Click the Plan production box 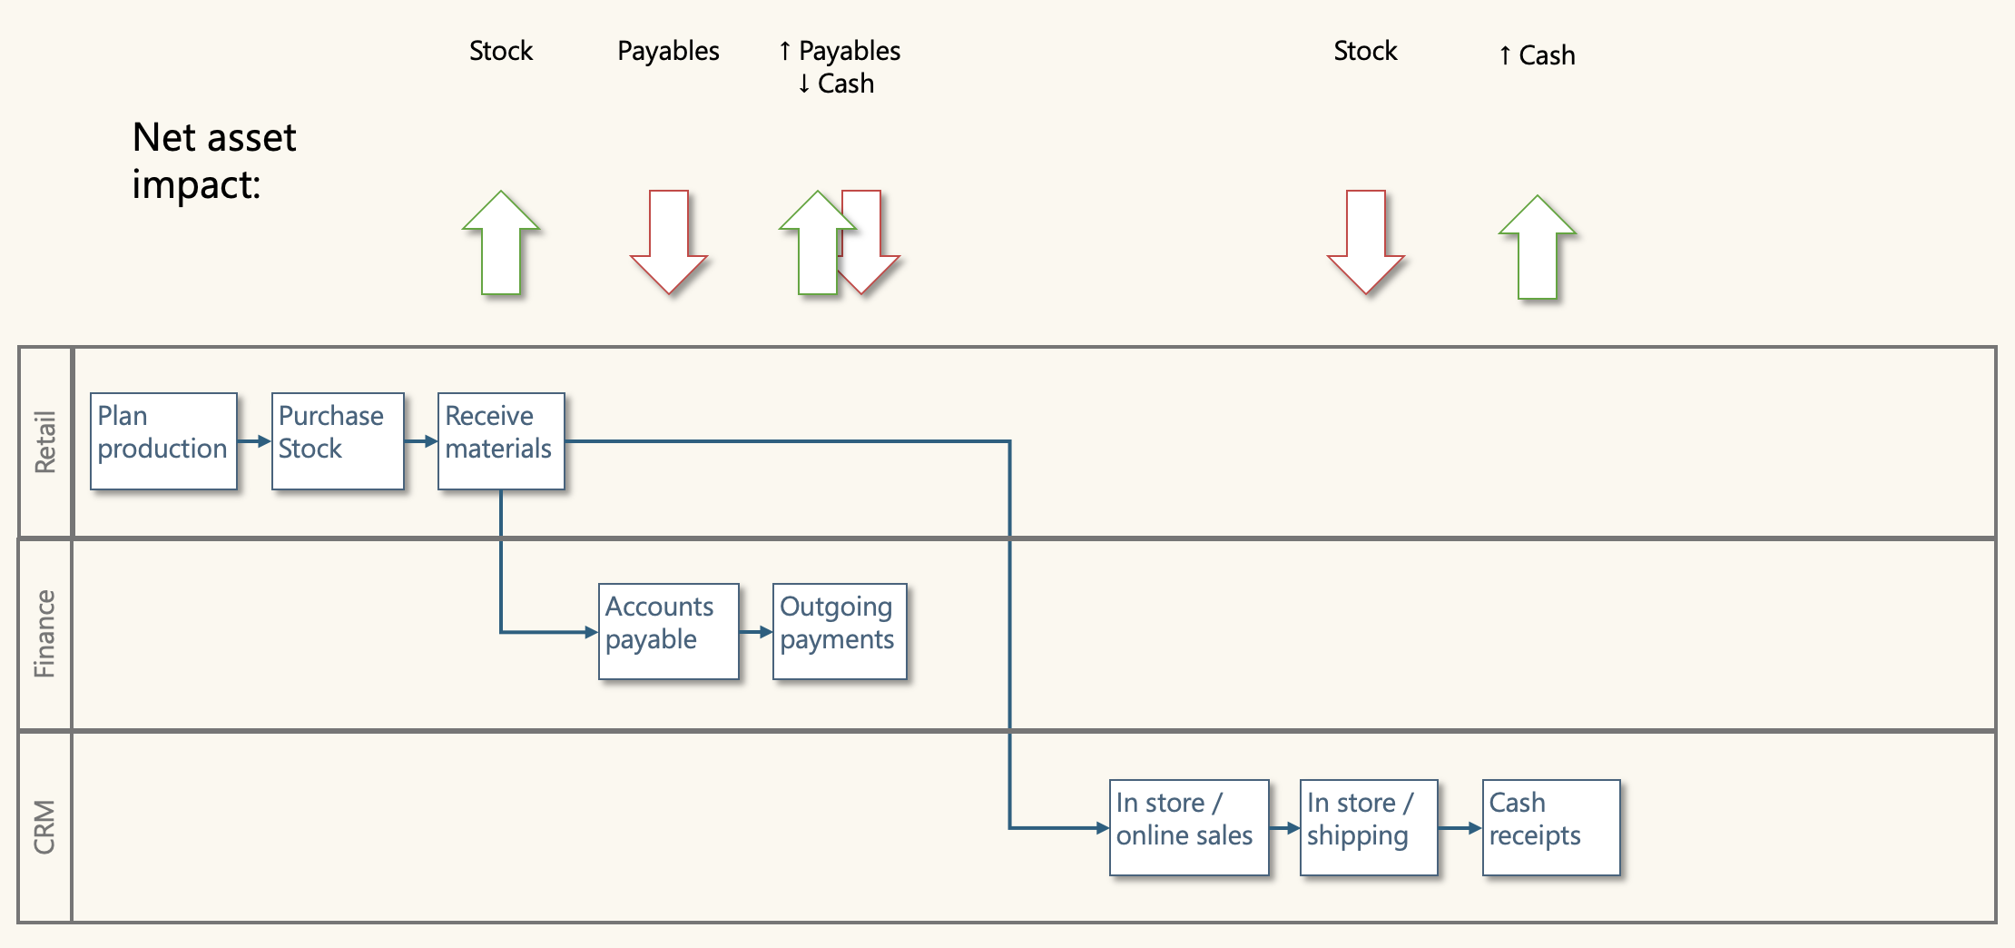pyautogui.click(x=163, y=441)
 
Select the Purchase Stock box pyautogui.click(x=337, y=441)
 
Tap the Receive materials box pyautogui.click(x=501, y=441)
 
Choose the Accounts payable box pyautogui.click(x=668, y=631)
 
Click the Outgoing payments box pyautogui.click(x=840, y=631)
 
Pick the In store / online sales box pyautogui.click(x=1188, y=827)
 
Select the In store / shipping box pyautogui.click(x=1368, y=827)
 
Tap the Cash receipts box pyautogui.click(x=1550, y=827)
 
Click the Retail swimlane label pyautogui.click(x=44, y=442)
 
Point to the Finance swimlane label pyautogui.click(x=44, y=634)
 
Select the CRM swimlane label pyautogui.click(x=44, y=826)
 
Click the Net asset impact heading pyautogui.click(x=213, y=161)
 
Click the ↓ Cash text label pyautogui.click(x=836, y=84)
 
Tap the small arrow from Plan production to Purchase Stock pyautogui.click(x=254, y=441)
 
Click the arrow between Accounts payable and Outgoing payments pyautogui.click(x=756, y=631)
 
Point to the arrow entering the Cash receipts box pyautogui.click(x=1460, y=827)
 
